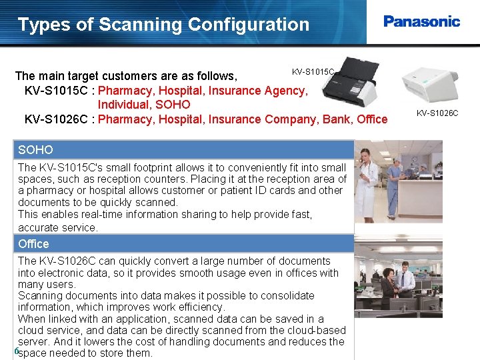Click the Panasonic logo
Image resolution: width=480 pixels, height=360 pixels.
point(421,21)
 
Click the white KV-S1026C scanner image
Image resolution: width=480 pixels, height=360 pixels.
point(429,83)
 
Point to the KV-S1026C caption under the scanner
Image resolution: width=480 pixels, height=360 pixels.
point(437,113)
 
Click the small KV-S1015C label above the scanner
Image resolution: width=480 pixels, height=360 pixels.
point(313,71)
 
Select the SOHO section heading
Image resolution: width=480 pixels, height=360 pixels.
point(35,150)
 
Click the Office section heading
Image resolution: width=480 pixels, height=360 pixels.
point(33,243)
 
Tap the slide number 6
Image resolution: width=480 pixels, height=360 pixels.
point(15,351)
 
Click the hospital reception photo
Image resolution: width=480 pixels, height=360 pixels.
point(398,181)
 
